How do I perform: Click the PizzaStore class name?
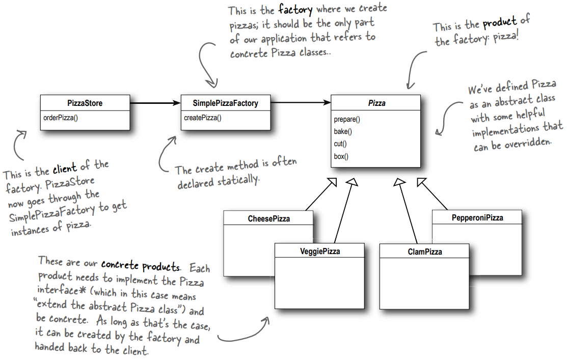[x=85, y=103]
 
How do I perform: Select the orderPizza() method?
[x=63, y=118]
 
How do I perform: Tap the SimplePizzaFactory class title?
[x=226, y=103]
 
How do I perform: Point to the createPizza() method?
[x=203, y=118]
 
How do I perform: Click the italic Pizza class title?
[x=376, y=103]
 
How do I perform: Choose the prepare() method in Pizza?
[x=347, y=120]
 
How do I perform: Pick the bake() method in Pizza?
[x=343, y=132]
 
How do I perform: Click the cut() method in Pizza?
[x=341, y=144]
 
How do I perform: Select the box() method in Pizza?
[x=341, y=156]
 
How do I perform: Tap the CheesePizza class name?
[x=268, y=219]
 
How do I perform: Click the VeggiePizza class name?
[x=320, y=252]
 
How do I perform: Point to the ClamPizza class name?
[x=425, y=252]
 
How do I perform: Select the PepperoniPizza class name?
[x=477, y=218]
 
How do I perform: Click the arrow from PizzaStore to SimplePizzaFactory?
[x=155, y=103]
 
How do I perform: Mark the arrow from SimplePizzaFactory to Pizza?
[x=301, y=103]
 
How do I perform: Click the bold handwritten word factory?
[x=296, y=9]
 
